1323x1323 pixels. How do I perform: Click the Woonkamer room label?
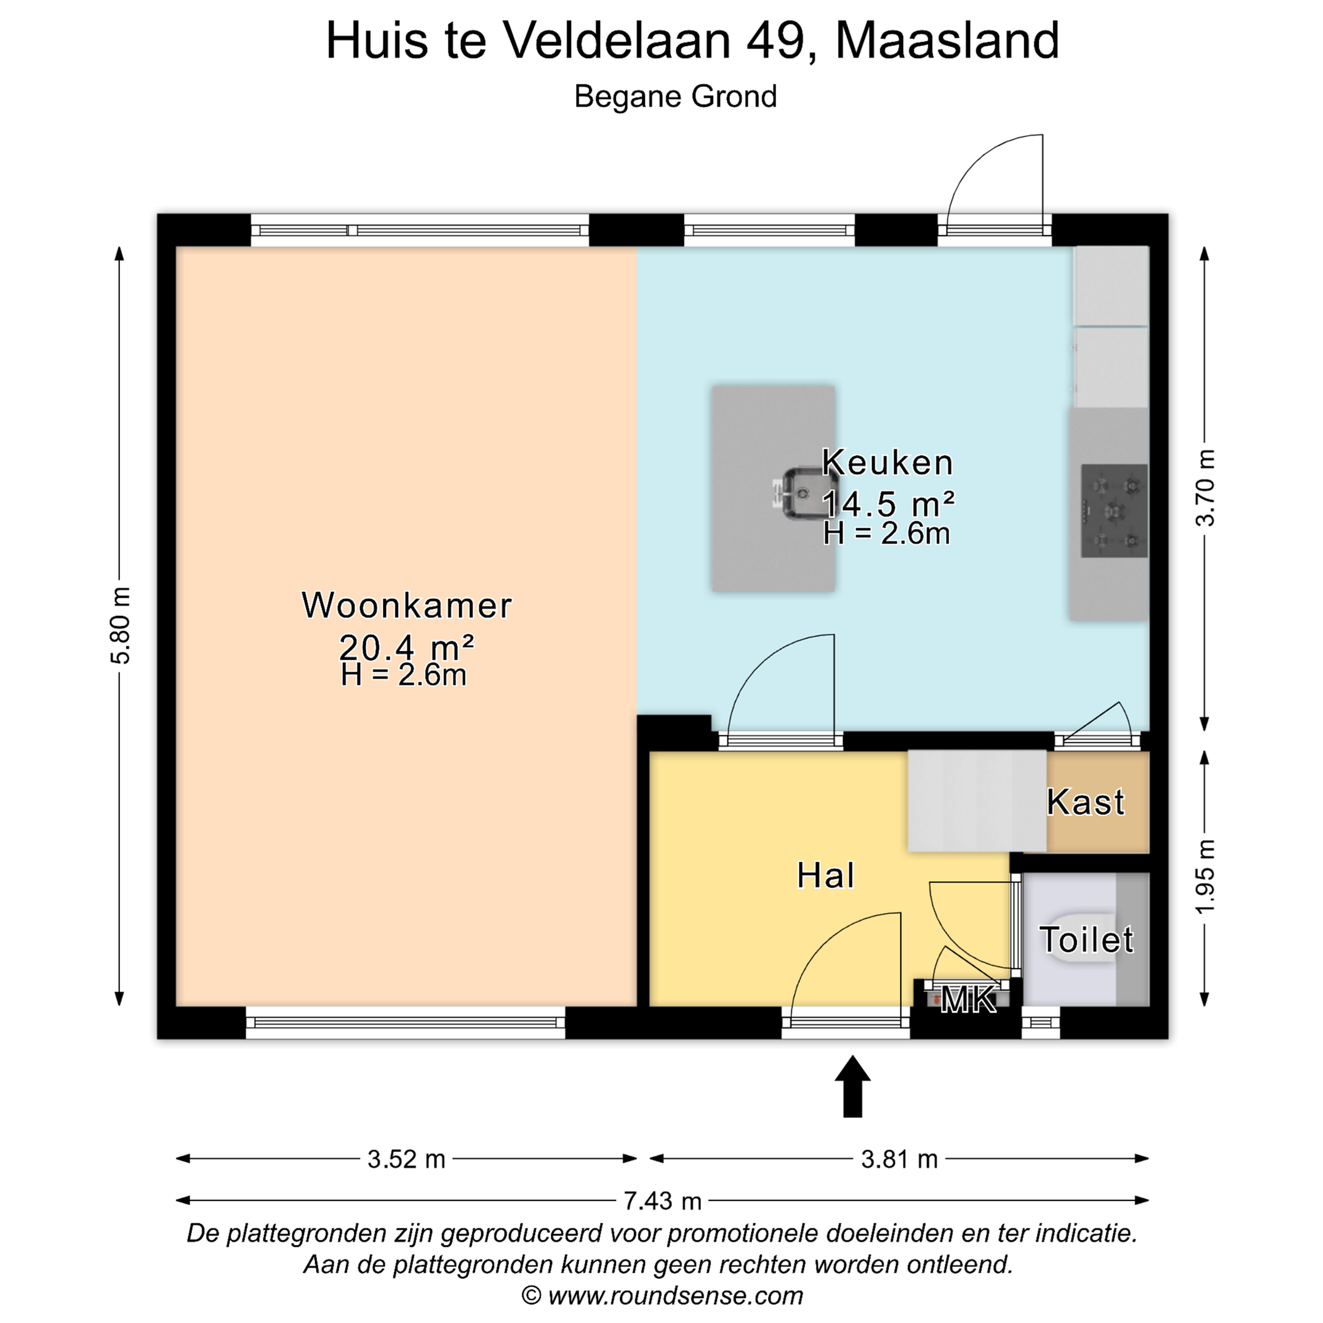click(407, 605)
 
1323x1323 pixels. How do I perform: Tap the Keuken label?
click(888, 462)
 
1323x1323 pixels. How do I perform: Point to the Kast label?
click(1086, 802)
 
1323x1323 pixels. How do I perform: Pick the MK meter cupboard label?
click(968, 1001)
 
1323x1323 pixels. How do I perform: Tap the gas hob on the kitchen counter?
click(1114, 511)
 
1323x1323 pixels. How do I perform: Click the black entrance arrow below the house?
click(853, 1087)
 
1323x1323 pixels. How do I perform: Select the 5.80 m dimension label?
click(120, 625)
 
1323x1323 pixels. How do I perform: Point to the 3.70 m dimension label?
click(1205, 487)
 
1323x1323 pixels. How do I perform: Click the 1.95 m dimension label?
click(1205, 876)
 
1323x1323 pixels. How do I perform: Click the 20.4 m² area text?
click(407, 646)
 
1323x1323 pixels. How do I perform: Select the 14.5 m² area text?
click(888, 504)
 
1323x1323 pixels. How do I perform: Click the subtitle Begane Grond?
click(675, 96)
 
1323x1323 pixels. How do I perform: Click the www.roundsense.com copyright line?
click(661, 1295)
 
